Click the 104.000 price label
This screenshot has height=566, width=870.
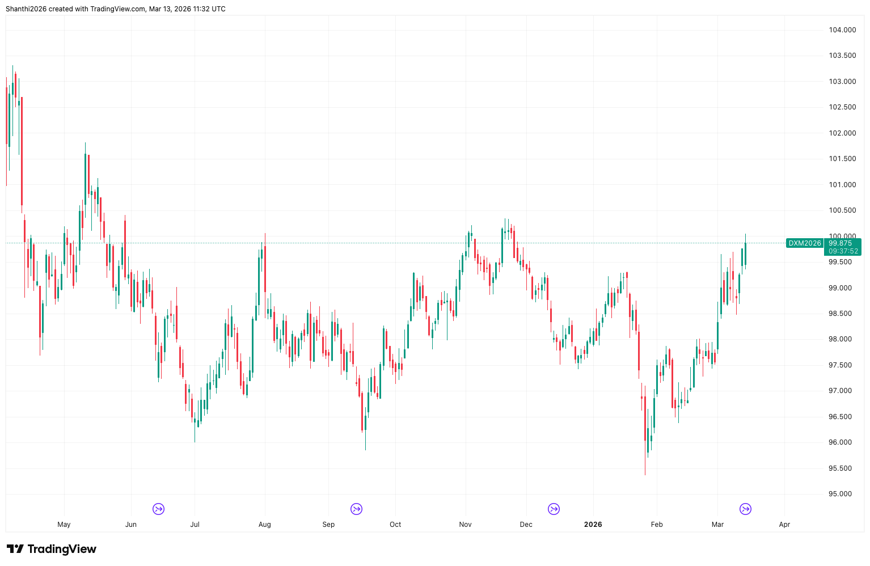842,30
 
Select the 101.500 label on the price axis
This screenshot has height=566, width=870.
842,159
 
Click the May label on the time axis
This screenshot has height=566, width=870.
64,525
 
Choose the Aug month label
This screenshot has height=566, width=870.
264,525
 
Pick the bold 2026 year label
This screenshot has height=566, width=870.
593,525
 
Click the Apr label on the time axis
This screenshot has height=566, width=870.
784,525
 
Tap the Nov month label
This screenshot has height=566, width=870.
465,525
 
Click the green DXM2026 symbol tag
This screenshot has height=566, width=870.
804,243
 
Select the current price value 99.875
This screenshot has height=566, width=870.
840,243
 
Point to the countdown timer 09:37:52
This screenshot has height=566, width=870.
843,251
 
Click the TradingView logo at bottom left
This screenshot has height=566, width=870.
52,549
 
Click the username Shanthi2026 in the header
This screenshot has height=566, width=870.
26,9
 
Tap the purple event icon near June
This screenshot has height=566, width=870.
159,509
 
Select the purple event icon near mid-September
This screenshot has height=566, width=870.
356,509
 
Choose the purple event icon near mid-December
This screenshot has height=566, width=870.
554,509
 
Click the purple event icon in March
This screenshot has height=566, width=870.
746,509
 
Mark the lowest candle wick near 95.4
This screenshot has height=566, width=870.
645,473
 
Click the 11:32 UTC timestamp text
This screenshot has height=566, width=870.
208,9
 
